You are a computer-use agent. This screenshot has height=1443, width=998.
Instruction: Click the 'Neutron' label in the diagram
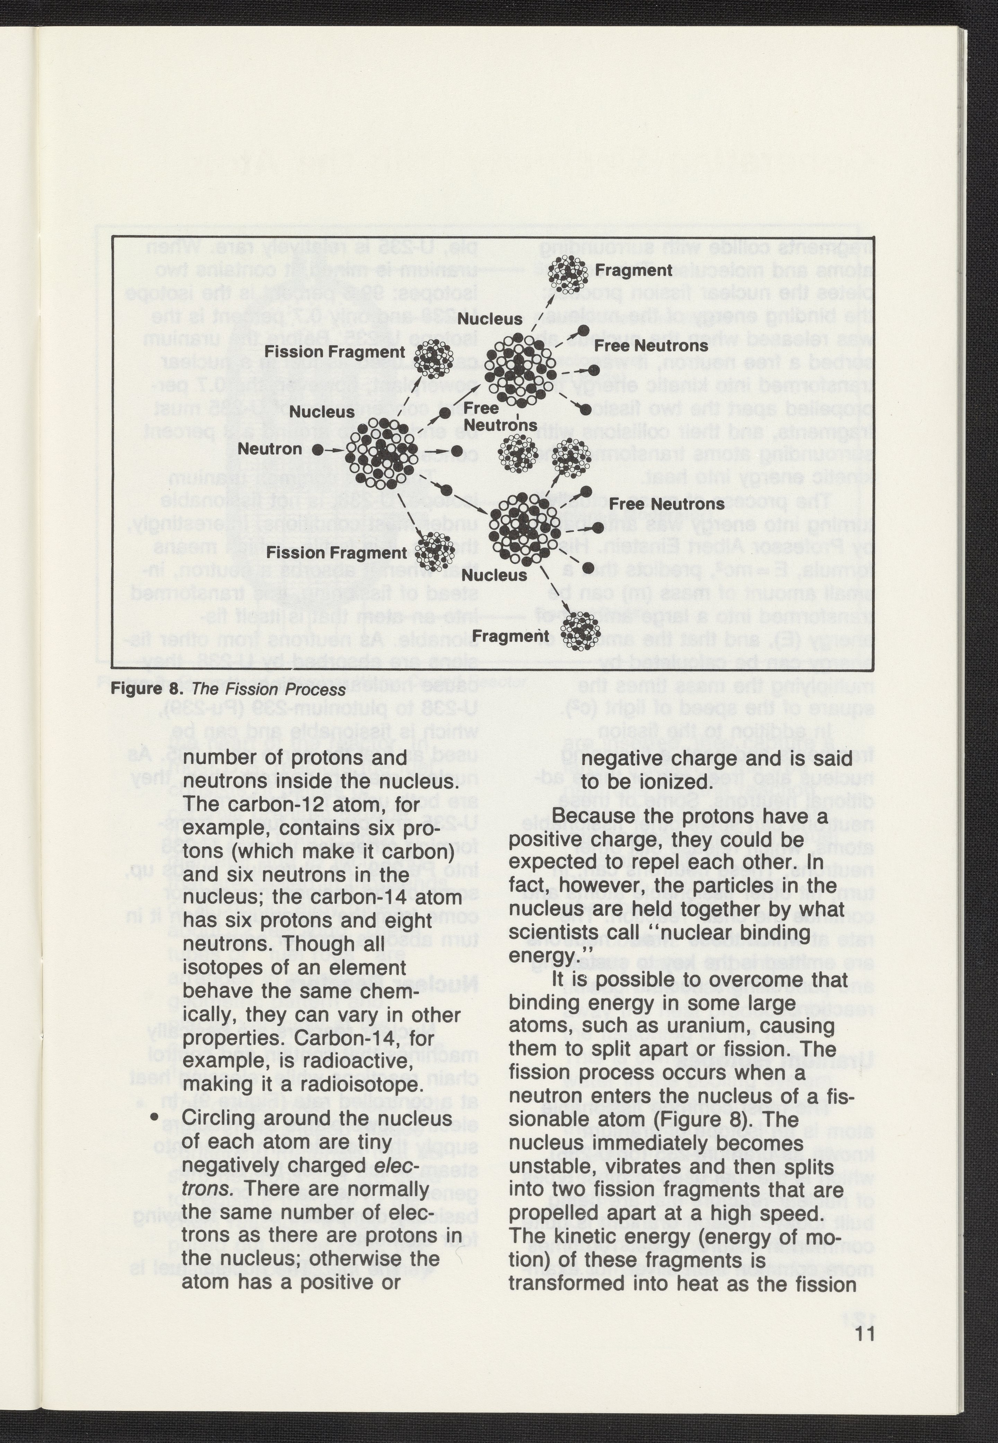point(270,449)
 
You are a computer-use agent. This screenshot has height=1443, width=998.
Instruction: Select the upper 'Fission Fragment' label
point(334,352)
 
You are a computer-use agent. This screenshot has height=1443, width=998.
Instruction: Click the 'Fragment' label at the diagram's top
point(633,270)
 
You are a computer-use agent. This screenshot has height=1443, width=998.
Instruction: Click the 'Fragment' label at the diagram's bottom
point(510,636)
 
